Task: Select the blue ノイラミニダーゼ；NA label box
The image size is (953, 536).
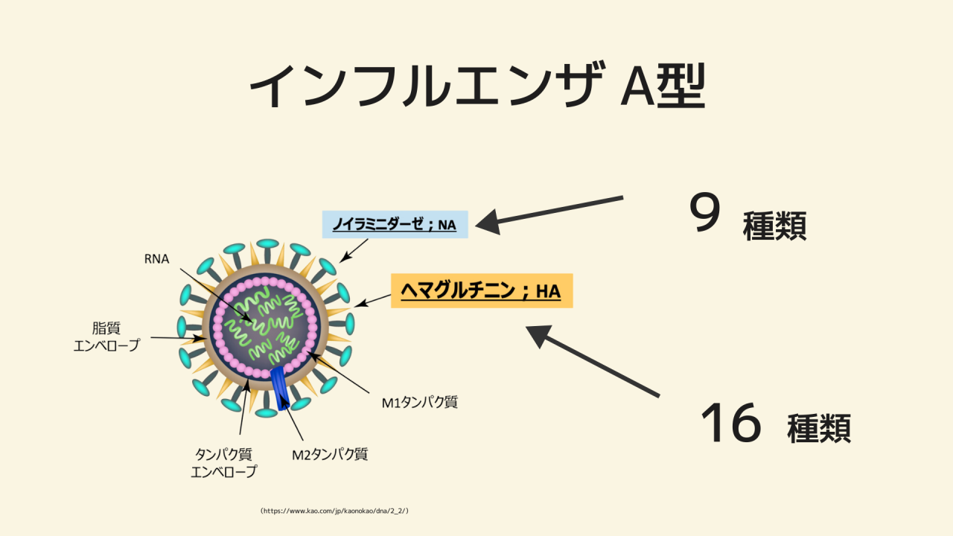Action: click(x=395, y=224)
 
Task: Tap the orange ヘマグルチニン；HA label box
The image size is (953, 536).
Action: click(x=481, y=291)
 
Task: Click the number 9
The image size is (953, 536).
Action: click(x=704, y=214)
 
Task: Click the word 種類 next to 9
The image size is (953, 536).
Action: click(x=774, y=226)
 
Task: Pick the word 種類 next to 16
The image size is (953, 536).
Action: click(x=819, y=428)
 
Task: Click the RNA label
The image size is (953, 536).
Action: click(x=157, y=259)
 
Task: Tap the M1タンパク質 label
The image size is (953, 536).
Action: click(x=419, y=403)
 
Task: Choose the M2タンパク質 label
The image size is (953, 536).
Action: click(x=330, y=453)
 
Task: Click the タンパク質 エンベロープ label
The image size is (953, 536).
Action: click(x=224, y=462)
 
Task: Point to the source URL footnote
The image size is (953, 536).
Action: click(x=334, y=511)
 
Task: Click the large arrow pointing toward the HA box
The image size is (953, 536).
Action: click(x=592, y=361)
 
